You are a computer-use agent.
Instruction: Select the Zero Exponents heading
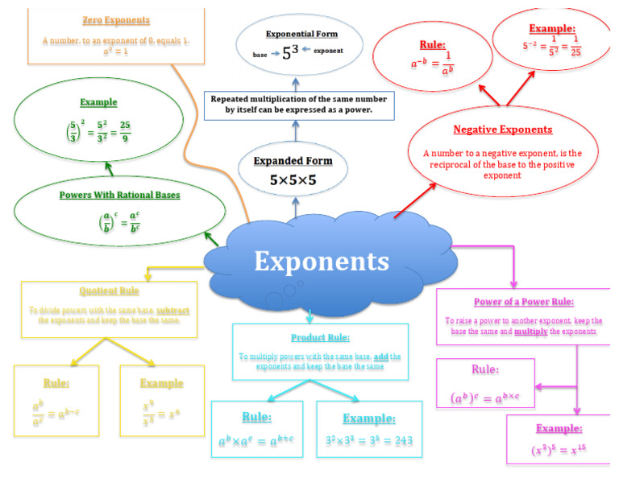pos(116,19)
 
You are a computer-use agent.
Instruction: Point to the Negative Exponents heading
pos(502,129)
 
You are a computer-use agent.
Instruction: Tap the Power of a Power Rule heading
pos(524,302)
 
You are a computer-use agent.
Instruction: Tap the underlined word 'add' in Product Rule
pos(380,355)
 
